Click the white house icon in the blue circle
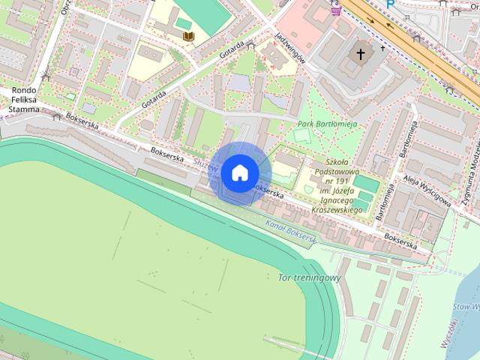239,172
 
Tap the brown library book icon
189,36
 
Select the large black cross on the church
360,54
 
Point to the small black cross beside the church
382,48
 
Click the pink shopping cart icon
335,10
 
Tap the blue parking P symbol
390,4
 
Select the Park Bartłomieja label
327,124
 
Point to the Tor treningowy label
309,277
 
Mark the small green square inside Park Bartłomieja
301,136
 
